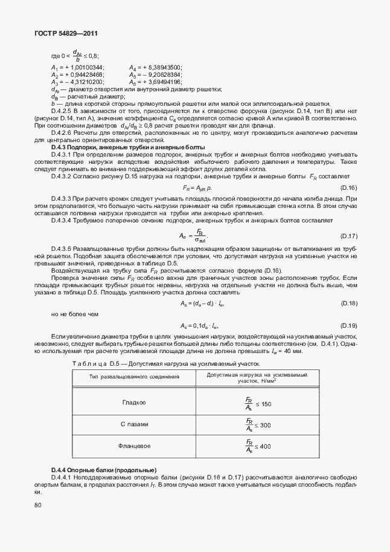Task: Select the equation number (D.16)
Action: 349,188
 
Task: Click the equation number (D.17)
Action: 349,235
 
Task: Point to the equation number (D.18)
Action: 349,303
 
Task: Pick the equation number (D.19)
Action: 349,325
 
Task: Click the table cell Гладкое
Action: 134,402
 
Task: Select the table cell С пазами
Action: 134,424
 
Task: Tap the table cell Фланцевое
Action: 134,446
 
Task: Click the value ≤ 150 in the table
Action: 263,404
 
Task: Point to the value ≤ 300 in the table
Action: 263,426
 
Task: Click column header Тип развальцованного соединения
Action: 134,377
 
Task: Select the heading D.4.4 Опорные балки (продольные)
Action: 104,470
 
